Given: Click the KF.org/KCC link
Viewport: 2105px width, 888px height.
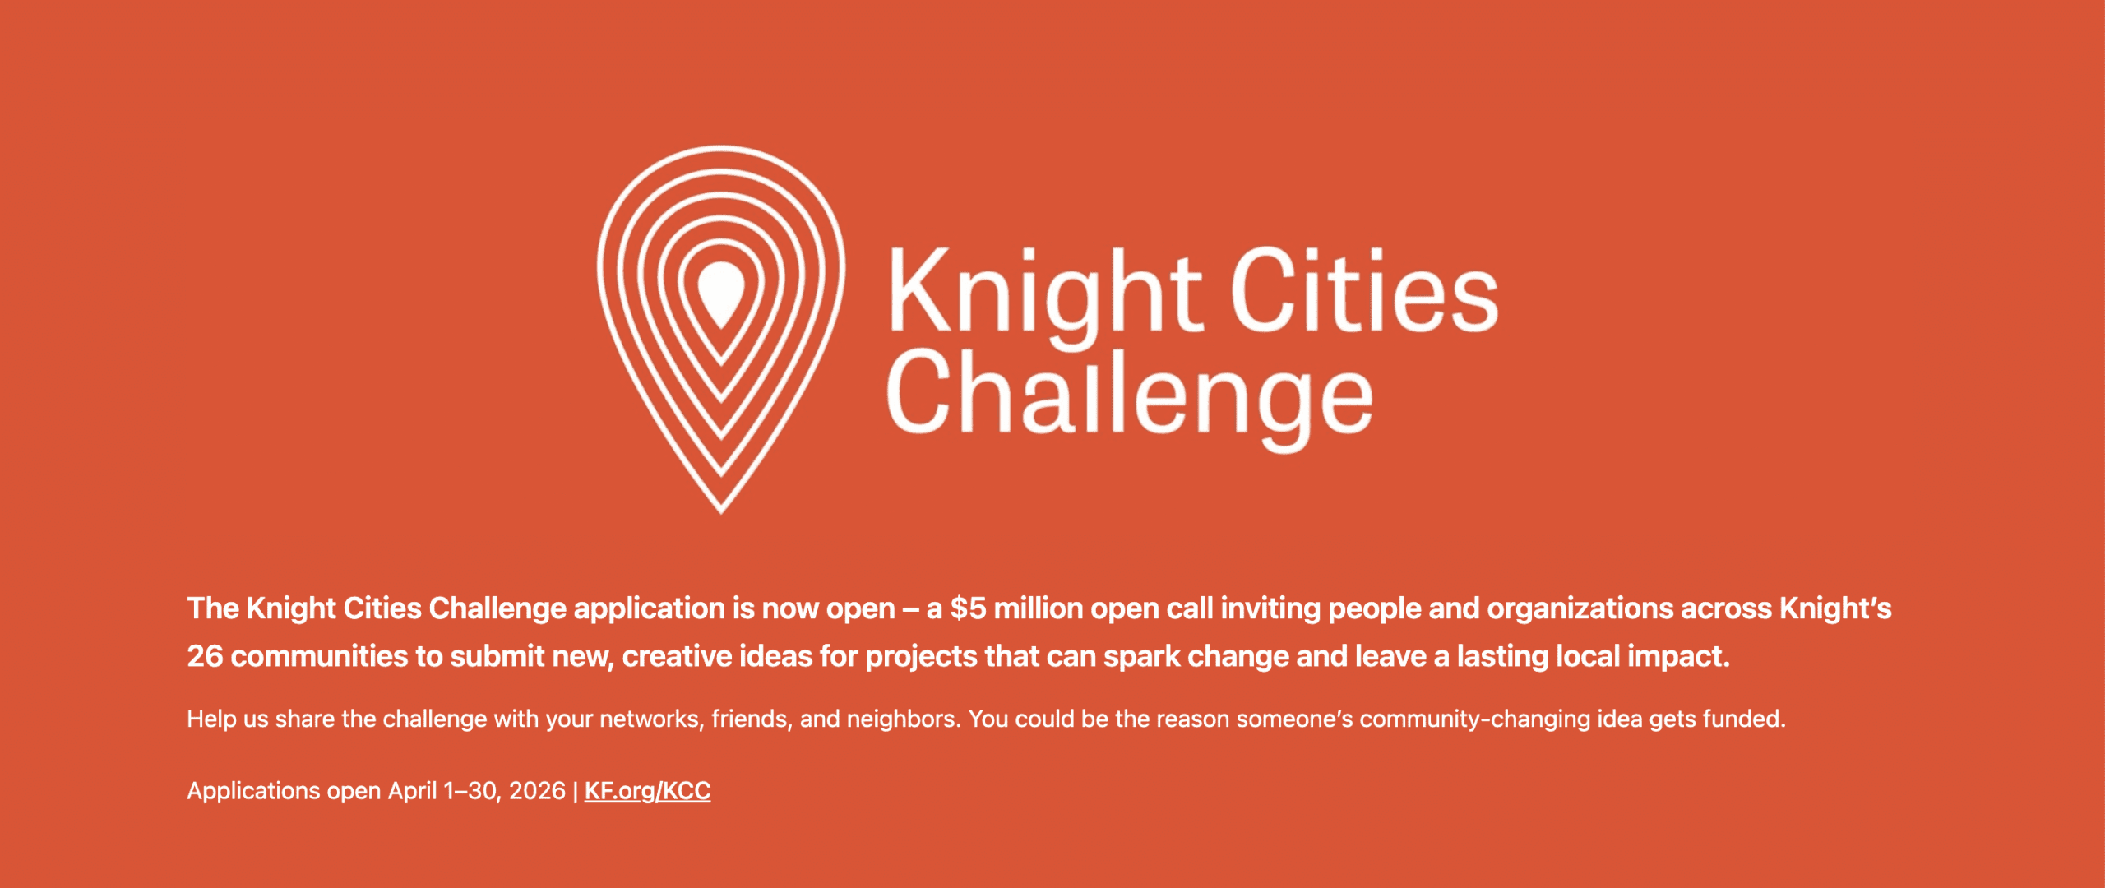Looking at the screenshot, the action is pos(647,791).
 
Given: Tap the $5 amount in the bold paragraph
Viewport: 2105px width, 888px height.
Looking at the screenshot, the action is pos(968,608).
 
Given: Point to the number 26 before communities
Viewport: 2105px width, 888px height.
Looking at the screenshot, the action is pos(205,656).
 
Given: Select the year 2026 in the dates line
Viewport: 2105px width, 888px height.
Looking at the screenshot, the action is pos(537,791).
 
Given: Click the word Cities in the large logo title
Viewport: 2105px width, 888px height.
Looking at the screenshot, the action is pos(1364,290).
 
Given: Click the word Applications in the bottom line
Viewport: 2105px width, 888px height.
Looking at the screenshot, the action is pos(253,791).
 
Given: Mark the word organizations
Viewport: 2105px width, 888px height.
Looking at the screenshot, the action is pos(1580,608).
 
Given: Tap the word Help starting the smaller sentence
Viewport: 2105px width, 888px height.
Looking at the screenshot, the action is pos(211,719).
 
